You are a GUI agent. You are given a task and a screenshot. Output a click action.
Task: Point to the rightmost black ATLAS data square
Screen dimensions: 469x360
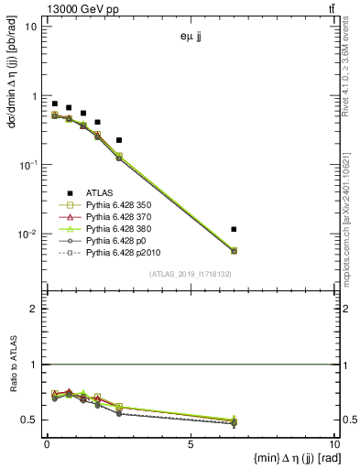(235, 229)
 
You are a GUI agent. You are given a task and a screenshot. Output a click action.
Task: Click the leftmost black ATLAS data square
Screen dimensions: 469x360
(55, 104)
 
